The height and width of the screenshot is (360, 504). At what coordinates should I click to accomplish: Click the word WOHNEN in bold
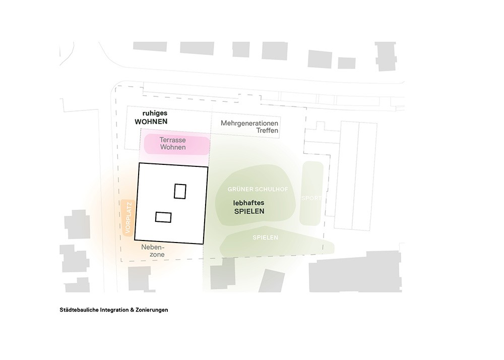151,122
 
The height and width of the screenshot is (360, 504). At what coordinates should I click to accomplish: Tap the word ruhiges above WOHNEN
154,114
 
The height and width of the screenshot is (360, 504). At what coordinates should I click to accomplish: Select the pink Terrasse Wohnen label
173,144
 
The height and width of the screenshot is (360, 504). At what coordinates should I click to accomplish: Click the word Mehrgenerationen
249,123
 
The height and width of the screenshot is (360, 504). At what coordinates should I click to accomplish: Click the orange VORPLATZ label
127,217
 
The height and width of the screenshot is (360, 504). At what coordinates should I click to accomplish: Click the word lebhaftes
249,203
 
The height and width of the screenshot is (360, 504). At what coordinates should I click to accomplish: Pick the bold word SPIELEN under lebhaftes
249,211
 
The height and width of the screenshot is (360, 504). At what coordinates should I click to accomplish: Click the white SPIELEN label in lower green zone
265,237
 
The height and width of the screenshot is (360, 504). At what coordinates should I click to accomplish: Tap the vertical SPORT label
311,198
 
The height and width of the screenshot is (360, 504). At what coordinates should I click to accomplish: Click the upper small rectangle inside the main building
180,192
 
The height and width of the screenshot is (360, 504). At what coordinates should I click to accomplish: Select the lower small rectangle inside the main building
163,217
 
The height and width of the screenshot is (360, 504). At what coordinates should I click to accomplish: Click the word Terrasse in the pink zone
173,140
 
